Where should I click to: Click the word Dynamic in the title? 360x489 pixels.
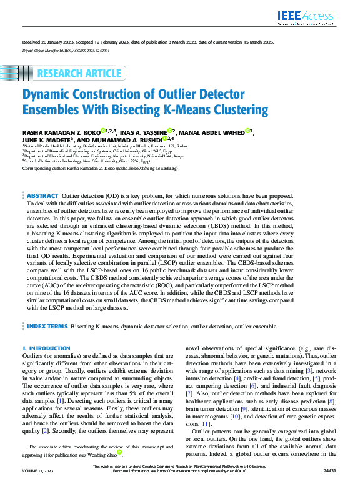pyautogui.click(x=49, y=96)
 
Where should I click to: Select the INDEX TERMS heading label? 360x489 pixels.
pyautogui.click(x=47, y=326)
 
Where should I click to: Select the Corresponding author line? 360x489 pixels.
pyautogui.click(x=100, y=169)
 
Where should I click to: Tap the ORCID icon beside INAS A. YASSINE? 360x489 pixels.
pyautogui.click(x=169, y=131)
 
